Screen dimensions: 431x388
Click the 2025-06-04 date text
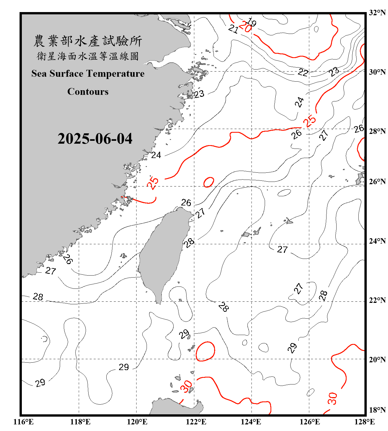[x=95, y=139]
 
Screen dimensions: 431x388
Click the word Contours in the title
[x=88, y=92]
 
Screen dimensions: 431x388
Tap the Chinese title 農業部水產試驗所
[x=88, y=41]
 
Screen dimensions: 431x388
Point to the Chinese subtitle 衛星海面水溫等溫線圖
[x=88, y=56]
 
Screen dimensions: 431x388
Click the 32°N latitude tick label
[x=377, y=13]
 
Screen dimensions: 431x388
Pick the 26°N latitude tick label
[x=377, y=182]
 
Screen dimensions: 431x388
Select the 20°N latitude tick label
[x=377, y=359]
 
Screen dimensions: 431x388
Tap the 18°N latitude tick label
[x=377, y=410]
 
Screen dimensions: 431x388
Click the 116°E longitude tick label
[x=24, y=422]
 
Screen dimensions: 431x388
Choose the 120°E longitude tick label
[x=137, y=422]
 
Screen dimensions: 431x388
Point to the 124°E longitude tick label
[x=251, y=422]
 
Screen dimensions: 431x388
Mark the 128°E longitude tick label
[x=364, y=422]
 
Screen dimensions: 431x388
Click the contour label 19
[x=251, y=22]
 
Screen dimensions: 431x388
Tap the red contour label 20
[x=245, y=27]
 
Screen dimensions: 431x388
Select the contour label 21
[x=233, y=29]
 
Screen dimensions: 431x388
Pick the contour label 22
[x=303, y=72]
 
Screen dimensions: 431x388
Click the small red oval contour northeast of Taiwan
[x=209, y=182]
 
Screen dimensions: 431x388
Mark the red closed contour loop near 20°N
[x=205, y=351]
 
